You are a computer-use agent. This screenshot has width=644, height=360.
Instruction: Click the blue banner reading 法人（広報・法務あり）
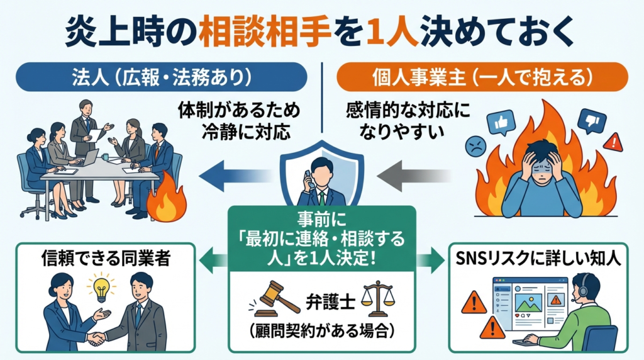coord(163,77)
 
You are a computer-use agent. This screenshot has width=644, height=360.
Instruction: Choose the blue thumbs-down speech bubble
coord(592,121)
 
